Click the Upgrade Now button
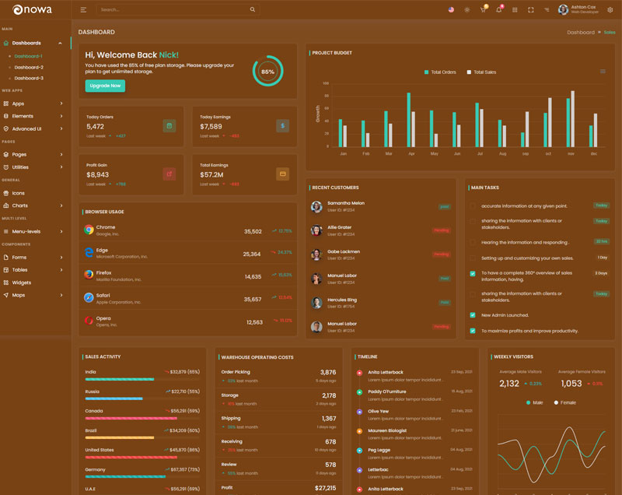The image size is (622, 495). [105, 86]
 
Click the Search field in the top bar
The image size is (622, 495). [175, 10]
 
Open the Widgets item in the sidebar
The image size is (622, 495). [22, 283]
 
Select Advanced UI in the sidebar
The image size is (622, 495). [26, 128]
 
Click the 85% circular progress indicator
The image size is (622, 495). [267, 71]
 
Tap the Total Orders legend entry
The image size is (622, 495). [440, 72]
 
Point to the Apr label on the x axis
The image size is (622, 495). [411, 153]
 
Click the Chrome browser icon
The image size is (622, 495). [89, 230]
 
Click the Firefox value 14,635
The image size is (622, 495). [253, 276]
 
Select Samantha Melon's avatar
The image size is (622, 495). [316, 206]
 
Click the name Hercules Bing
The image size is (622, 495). [342, 300]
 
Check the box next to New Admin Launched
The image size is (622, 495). [473, 315]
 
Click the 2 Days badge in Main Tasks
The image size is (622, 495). [601, 273]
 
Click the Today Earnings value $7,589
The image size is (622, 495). [211, 126]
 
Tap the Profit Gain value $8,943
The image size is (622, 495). [97, 175]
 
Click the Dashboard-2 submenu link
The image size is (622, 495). [29, 68]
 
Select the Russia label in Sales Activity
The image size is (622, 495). [93, 391]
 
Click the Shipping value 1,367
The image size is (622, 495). [329, 419]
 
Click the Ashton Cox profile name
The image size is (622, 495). [585, 7]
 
